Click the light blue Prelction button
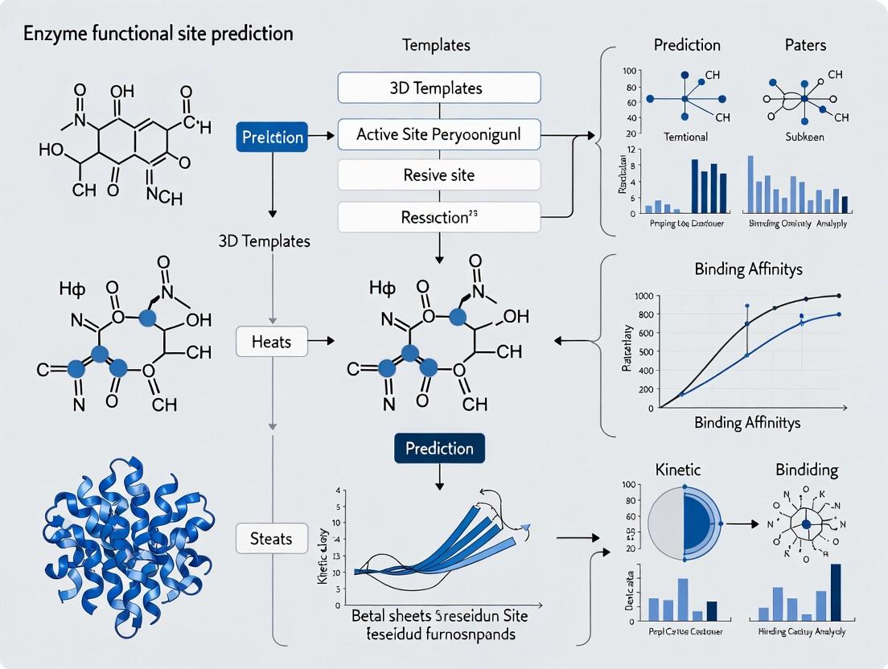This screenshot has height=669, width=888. (x=273, y=137)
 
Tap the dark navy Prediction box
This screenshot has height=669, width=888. (x=439, y=449)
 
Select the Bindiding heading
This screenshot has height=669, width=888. (x=806, y=469)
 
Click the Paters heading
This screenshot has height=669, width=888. (x=806, y=44)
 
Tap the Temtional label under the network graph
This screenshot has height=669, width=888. (x=685, y=137)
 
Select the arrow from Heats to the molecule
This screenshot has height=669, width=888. (x=320, y=342)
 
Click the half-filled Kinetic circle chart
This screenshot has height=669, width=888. (x=684, y=523)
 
